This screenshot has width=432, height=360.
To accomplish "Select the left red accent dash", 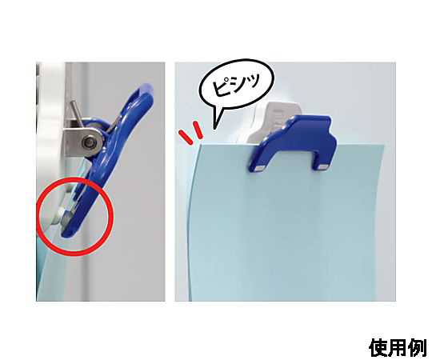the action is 185,137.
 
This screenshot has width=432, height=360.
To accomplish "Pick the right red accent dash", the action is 198,130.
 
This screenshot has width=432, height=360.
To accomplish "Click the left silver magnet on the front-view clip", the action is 258,168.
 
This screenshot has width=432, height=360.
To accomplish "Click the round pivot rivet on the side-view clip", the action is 90,142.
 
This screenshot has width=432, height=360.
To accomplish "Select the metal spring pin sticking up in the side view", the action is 76,114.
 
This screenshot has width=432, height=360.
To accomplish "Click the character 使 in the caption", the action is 378,348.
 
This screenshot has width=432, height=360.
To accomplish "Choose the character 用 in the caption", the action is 398,348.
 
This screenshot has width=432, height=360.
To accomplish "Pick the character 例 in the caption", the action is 417,348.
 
